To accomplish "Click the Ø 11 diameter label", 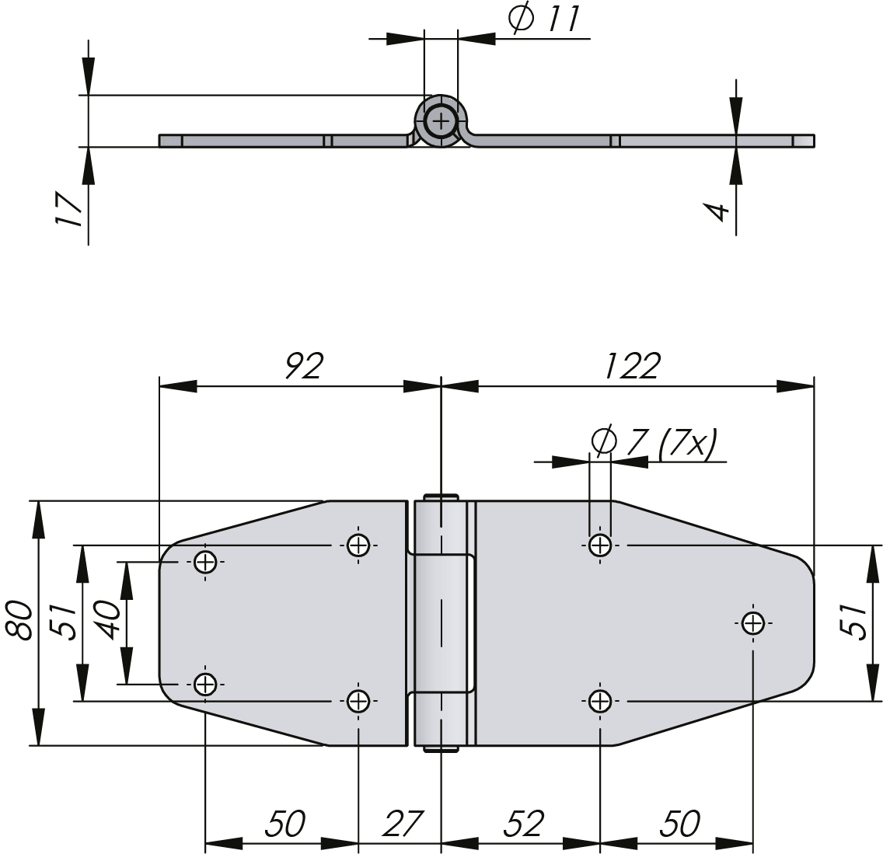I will pyautogui.click(x=544, y=19).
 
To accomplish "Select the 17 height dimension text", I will pyautogui.click(x=68, y=209).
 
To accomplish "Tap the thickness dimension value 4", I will pyautogui.click(x=717, y=209).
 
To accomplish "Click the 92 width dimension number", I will pyautogui.click(x=302, y=364).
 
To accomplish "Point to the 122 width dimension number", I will pyautogui.click(x=631, y=364).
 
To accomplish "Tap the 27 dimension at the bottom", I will pyautogui.click(x=402, y=824).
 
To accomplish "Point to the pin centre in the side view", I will pyautogui.click(x=441, y=121).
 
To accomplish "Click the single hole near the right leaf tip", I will pyautogui.click(x=752, y=622).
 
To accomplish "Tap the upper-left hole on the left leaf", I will pyautogui.click(x=205, y=561).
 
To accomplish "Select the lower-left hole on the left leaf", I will pyautogui.click(x=205, y=684).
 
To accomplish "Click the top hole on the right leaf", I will pyautogui.click(x=599, y=545).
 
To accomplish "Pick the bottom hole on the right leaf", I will pyautogui.click(x=599, y=701).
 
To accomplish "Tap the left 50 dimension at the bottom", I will pyautogui.click(x=284, y=824).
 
